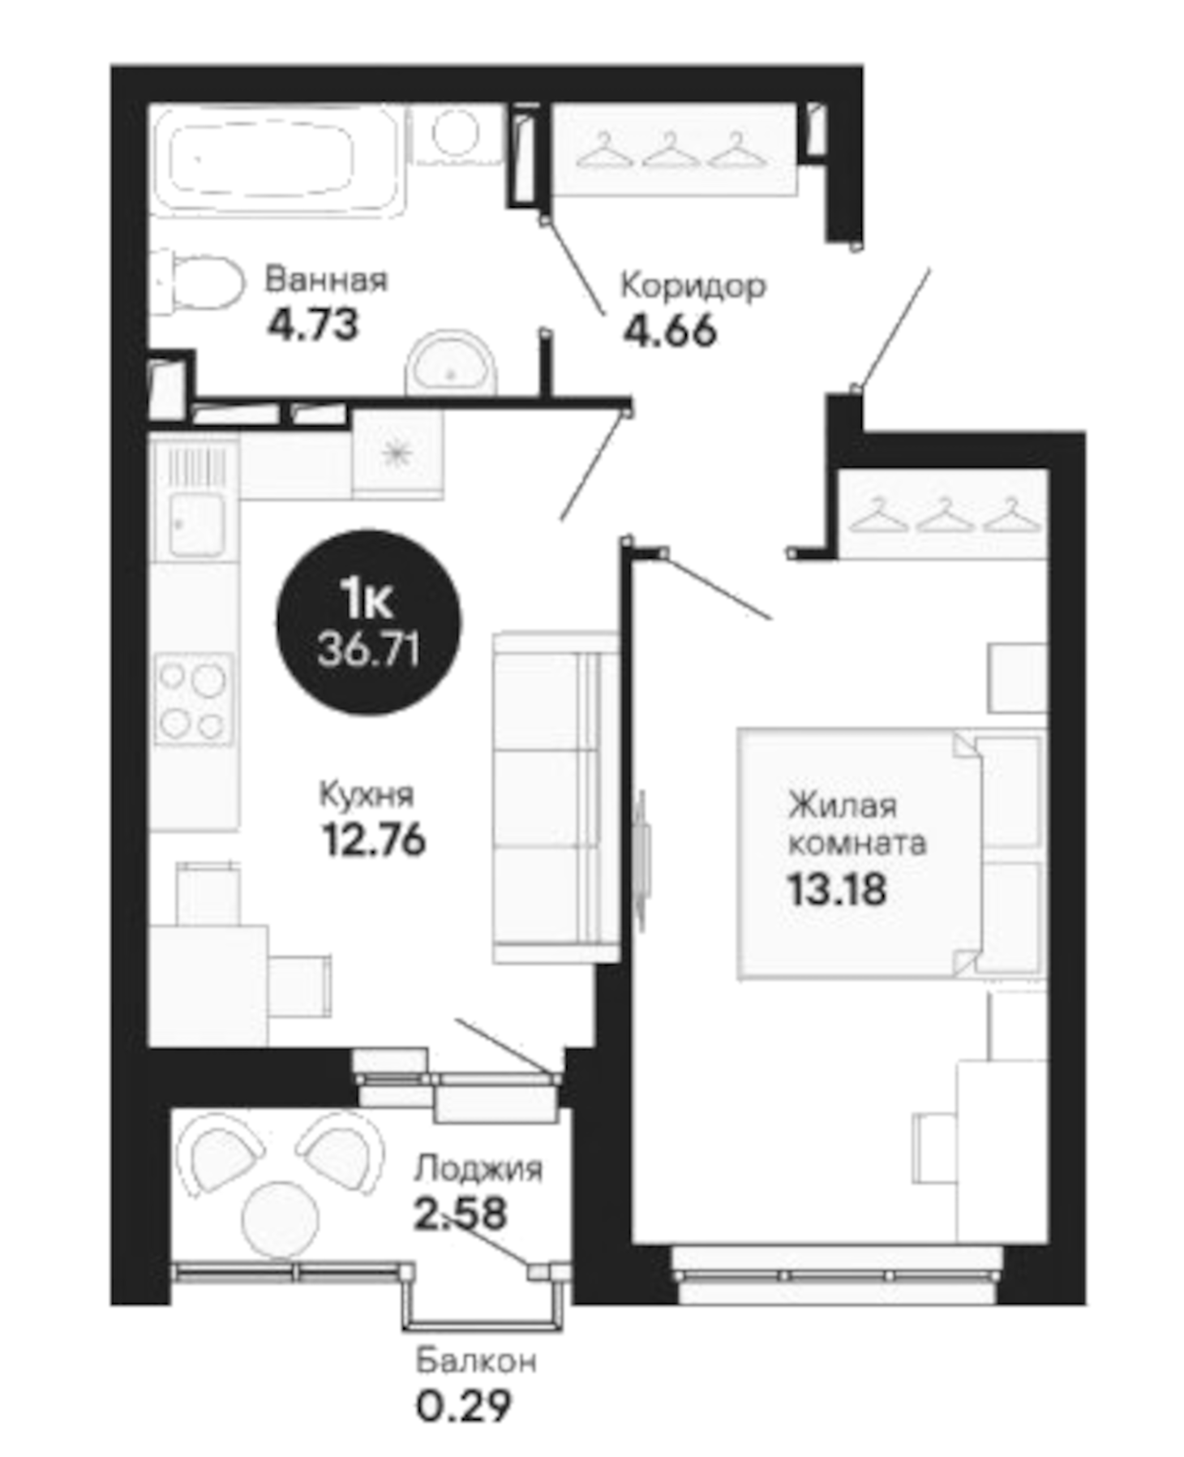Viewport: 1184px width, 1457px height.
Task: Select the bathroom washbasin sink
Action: (x=450, y=365)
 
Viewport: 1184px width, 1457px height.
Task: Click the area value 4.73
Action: (x=313, y=325)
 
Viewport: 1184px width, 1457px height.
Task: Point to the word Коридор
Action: (x=693, y=286)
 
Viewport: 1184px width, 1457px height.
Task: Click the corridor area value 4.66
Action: (x=670, y=331)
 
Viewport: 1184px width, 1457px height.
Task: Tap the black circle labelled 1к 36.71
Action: (x=369, y=623)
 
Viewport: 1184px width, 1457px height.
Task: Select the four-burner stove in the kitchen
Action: (x=193, y=699)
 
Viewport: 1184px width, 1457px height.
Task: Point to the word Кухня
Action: (x=367, y=795)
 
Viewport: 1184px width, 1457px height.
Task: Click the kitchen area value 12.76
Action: (x=374, y=840)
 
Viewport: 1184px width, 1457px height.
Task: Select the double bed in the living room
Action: (x=888, y=852)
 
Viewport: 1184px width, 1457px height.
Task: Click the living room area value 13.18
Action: (x=837, y=890)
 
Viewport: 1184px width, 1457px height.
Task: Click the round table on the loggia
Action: (x=281, y=1219)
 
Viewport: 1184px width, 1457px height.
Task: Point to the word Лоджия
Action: (x=478, y=1170)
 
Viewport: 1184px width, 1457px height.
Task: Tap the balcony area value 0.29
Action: (x=464, y=1406)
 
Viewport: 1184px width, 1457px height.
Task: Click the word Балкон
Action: (x=476, y=1360)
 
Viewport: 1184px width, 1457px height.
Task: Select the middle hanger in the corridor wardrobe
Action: (x=671, y=150)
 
